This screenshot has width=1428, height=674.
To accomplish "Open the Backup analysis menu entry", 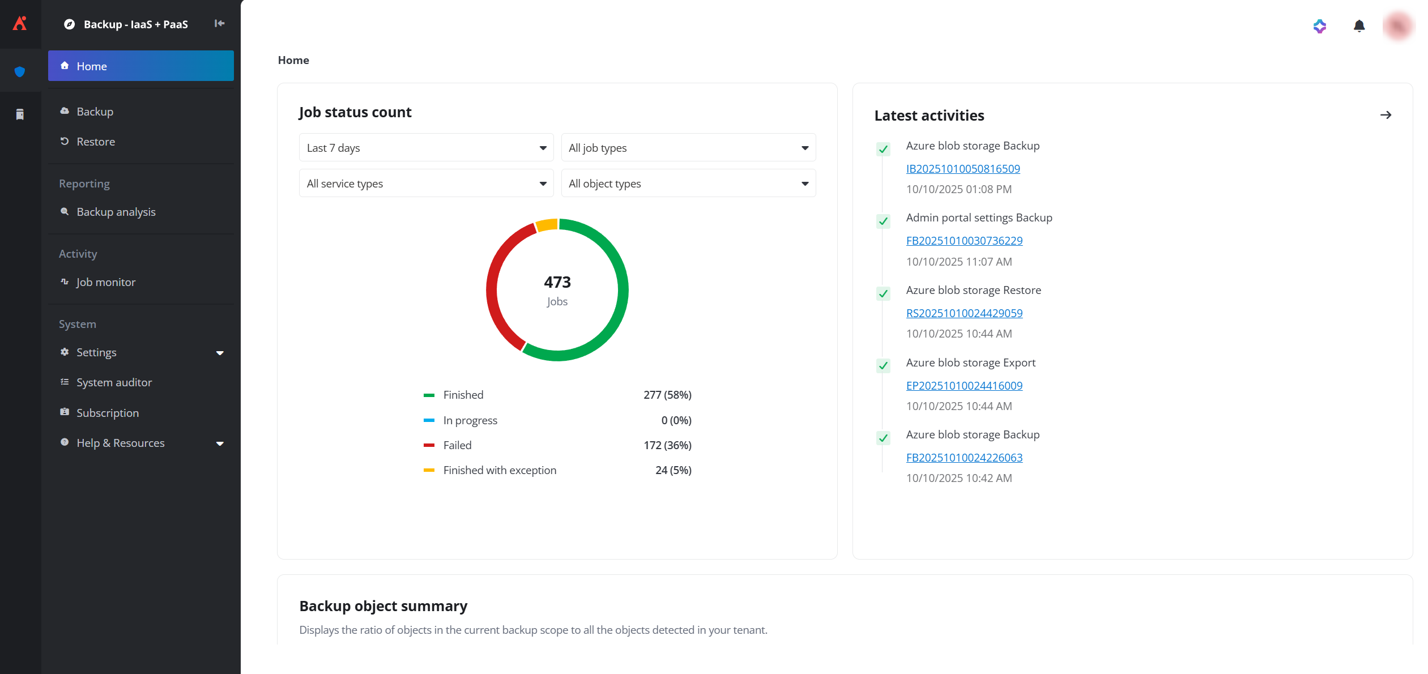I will [116, 212].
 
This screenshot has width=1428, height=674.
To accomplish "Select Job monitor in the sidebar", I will [105, 282].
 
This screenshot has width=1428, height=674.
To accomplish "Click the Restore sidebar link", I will [95, 142].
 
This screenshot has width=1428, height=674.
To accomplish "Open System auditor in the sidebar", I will [114, 382].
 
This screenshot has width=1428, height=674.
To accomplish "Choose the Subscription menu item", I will [107, 413].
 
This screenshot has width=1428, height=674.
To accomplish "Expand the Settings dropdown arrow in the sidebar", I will [220, 353].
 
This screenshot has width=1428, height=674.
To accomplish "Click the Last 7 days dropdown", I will [426, 148].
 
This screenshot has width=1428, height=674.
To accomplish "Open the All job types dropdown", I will [688, 148].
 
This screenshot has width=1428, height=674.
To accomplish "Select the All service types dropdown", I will [426, 184].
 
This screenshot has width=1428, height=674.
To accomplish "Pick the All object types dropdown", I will [688, 184].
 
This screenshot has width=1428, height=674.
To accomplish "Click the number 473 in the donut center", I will [557, 282].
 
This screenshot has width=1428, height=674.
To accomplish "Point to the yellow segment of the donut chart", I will [547, 225].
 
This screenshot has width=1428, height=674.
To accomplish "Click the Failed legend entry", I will [457, 445].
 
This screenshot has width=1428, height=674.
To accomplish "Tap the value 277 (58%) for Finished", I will [667, 395].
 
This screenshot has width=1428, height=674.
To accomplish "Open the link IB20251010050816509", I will [962, 169].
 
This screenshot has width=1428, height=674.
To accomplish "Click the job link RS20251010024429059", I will [964, 313].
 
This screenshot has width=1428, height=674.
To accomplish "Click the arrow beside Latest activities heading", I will [1385, 115].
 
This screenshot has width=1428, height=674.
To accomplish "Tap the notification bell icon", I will [1358, 26].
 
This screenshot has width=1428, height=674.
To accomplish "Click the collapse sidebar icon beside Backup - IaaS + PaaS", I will [219, 23].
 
